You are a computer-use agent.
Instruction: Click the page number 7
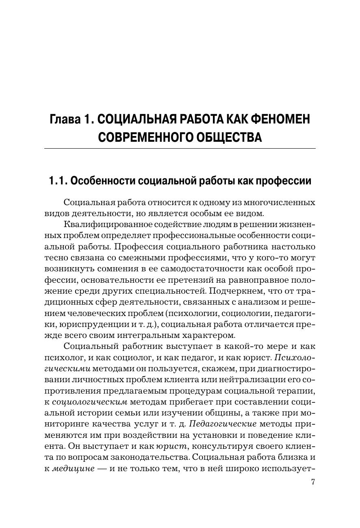tap(313, 482)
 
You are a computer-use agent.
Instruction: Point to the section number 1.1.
tap(58, 181)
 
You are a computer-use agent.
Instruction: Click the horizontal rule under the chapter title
tap(180, 149)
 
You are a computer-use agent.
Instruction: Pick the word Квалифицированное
tap(103, 225)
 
